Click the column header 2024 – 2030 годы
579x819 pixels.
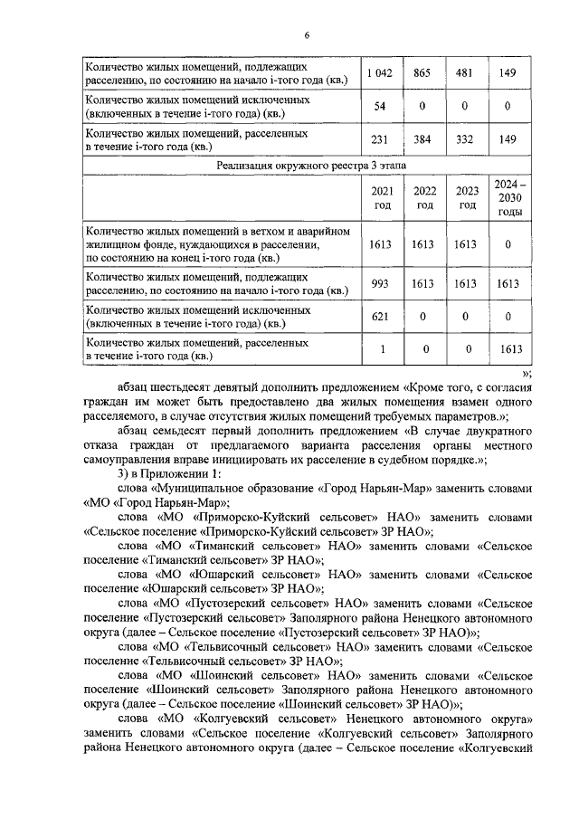(x=508, y=197)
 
